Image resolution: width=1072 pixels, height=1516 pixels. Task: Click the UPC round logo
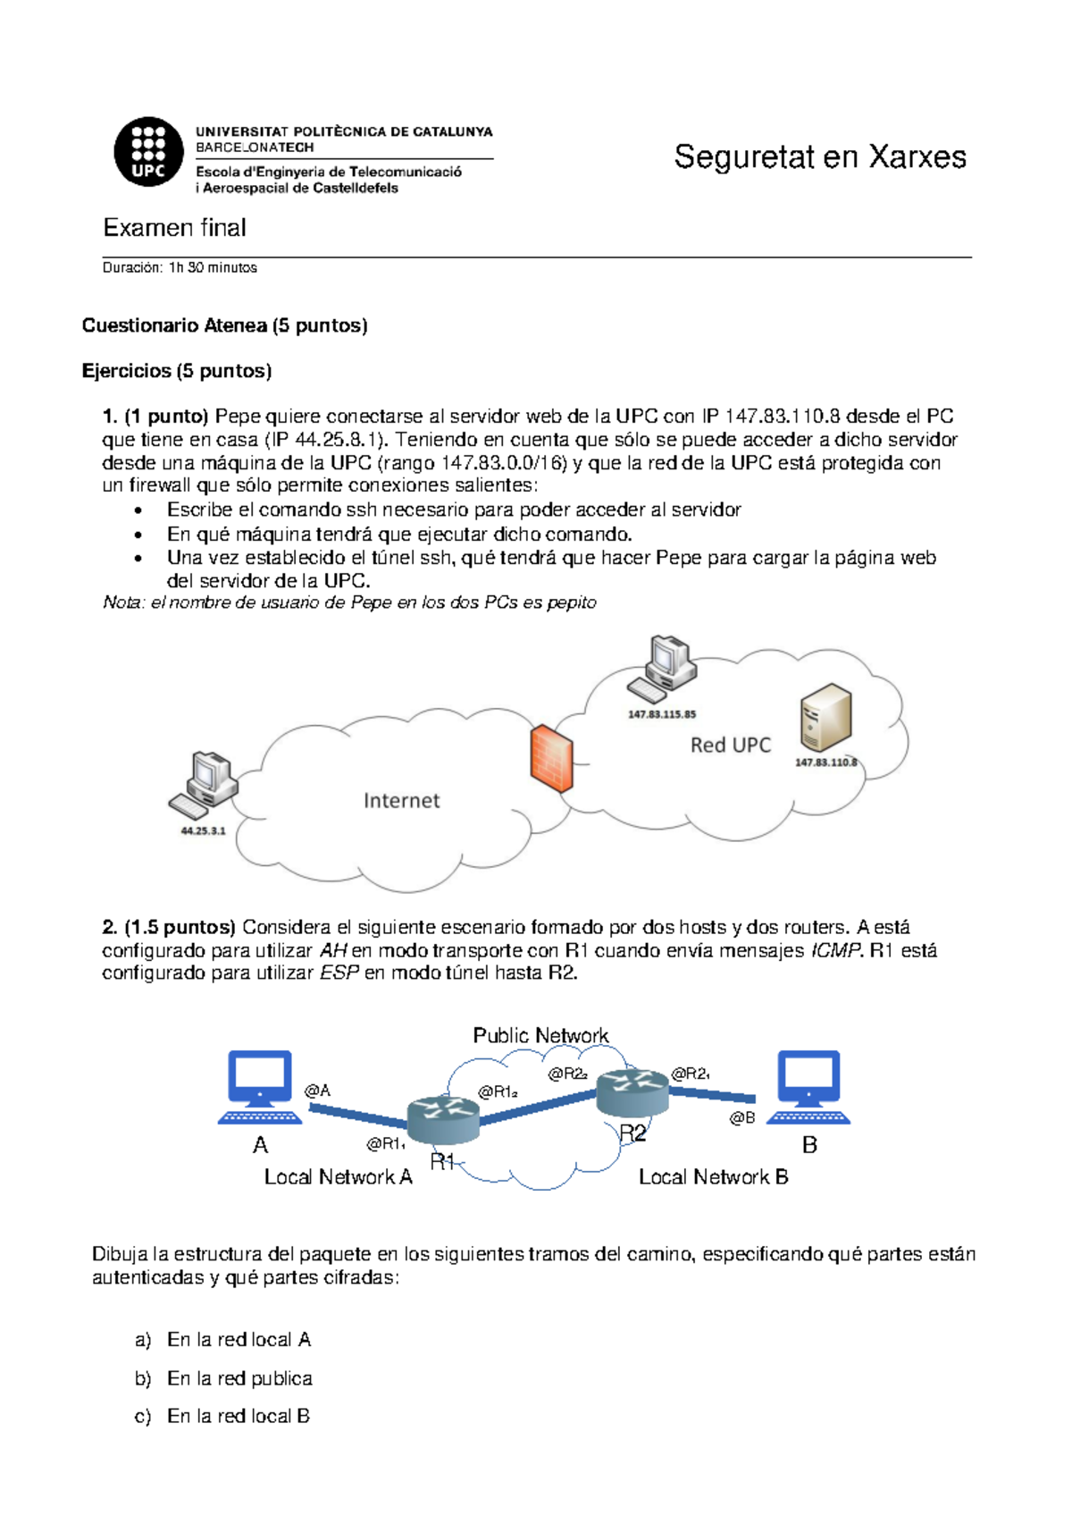coord(148,152)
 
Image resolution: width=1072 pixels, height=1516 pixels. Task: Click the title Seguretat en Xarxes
coord(819,157)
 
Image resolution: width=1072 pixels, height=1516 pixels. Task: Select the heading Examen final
coord(175,228)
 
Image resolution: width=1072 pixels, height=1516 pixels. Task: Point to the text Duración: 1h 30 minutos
coord(180,267)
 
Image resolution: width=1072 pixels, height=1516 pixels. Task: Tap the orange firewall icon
coord(551,759)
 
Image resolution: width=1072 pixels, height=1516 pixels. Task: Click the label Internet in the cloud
coord(401,801)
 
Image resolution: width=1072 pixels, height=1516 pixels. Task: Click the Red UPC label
coord(730,745)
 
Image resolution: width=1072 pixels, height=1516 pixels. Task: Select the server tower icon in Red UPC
coord(825,718)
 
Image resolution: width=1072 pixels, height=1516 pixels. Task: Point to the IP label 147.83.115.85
coord(661,714)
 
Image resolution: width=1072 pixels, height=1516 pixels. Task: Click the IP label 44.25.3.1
coord(203,830)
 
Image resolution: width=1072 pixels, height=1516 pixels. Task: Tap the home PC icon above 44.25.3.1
coord(205,785)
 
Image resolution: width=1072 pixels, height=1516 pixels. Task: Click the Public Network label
coord(540,1035)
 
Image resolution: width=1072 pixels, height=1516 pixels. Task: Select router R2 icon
coord(632,1092)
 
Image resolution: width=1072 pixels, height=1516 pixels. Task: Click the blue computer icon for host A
coord(260,1087)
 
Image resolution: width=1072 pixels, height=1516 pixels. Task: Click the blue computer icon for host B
coord(808,1087)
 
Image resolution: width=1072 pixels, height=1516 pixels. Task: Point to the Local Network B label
coord(713,1177)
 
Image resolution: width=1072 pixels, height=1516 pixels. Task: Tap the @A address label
coord(317,1091)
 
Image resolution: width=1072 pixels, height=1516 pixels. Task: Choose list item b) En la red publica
coord(223,1378)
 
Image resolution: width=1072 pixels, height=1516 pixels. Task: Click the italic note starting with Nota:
coord(349,602)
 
